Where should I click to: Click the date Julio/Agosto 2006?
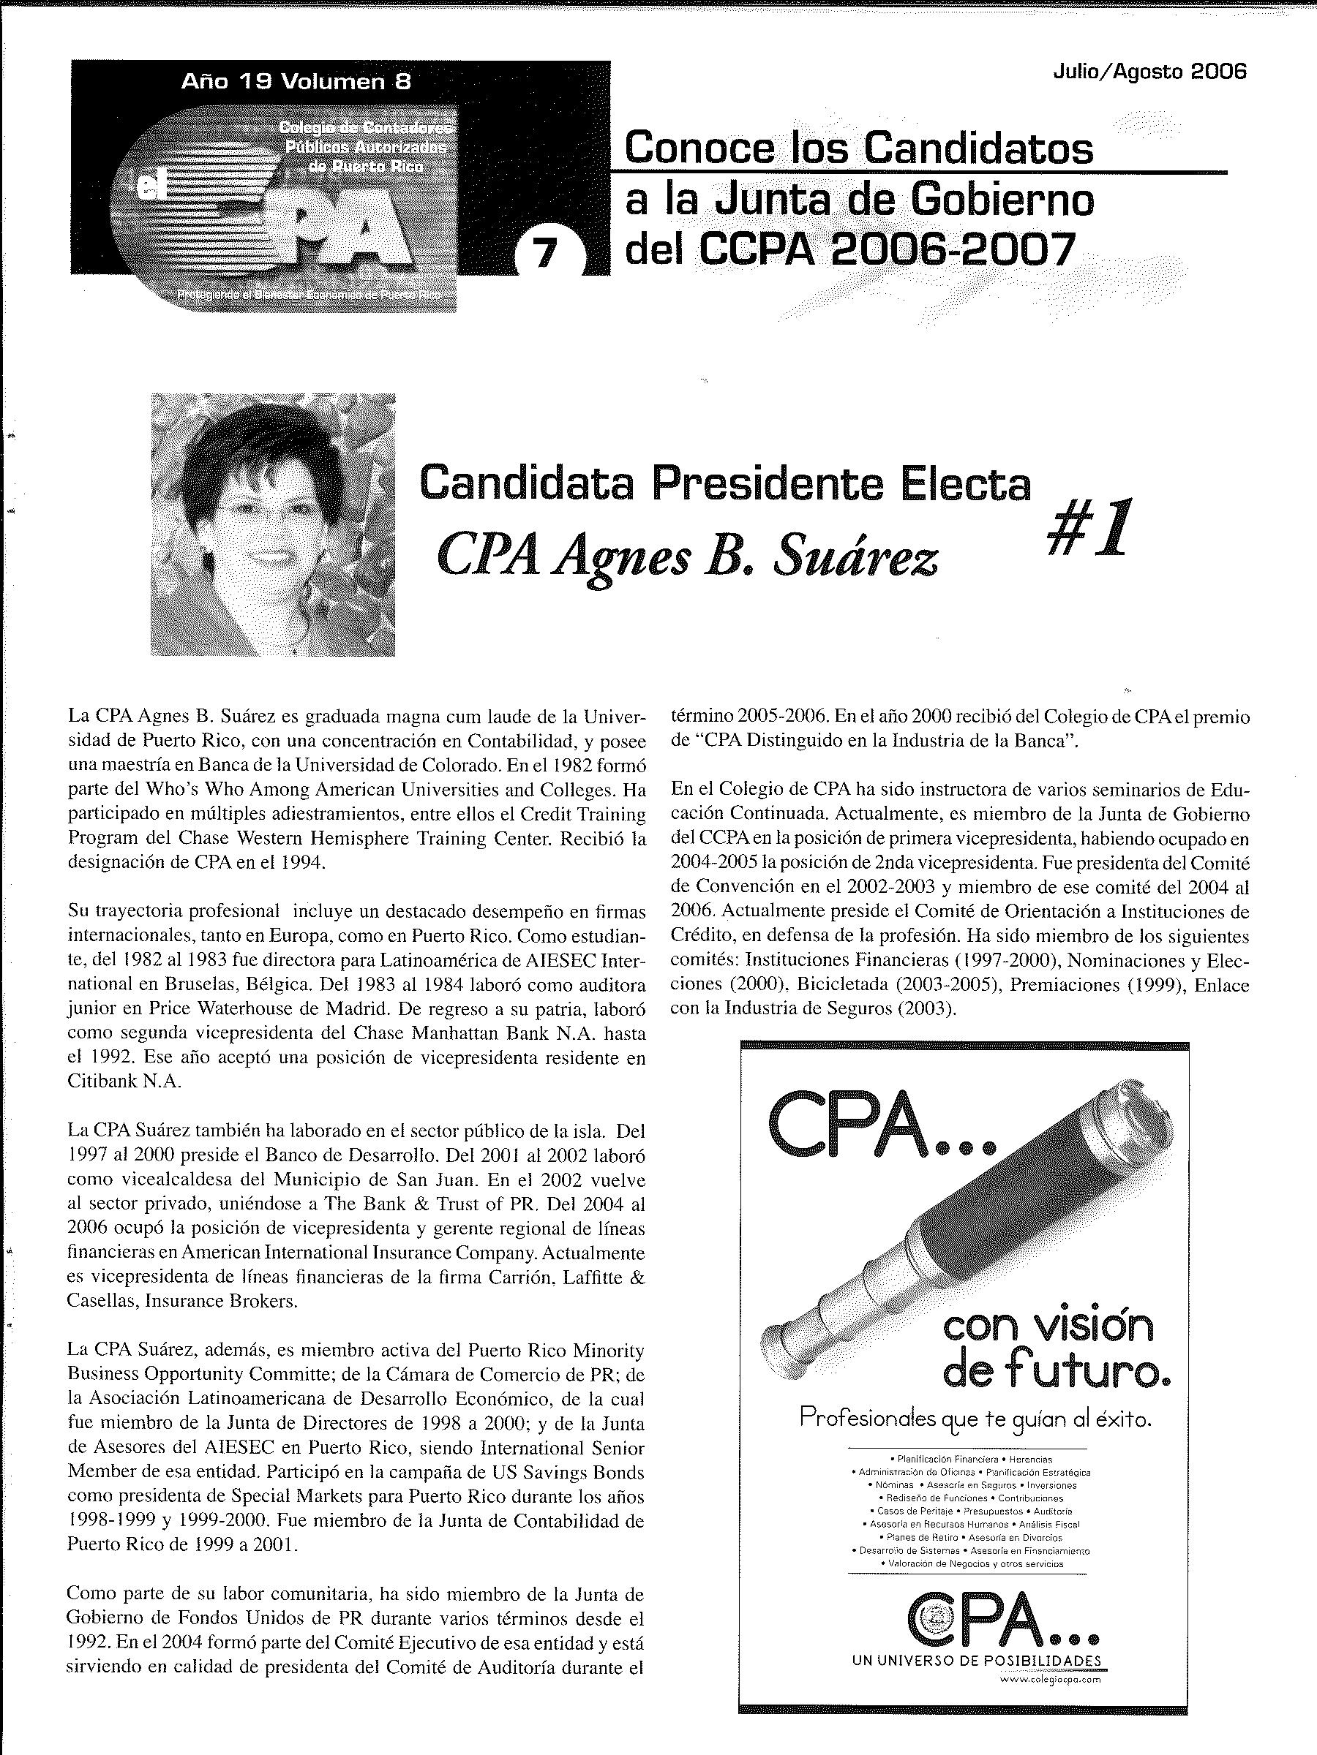click(x=1149, y=72)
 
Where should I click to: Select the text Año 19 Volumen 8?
click(x=296, y=81)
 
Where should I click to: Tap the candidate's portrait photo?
click(x=273, y=524)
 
